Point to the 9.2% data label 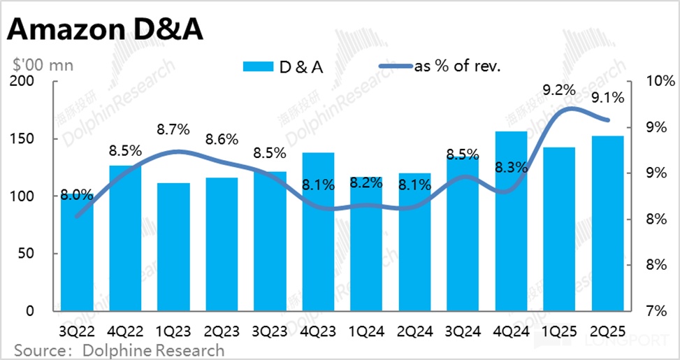tap(558, 89)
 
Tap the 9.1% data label tap(607, 98)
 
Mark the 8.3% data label tap(510, 167)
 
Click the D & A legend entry tap(283, 66)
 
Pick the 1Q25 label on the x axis tap(558, 331)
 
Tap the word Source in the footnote tap(38, 350)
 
